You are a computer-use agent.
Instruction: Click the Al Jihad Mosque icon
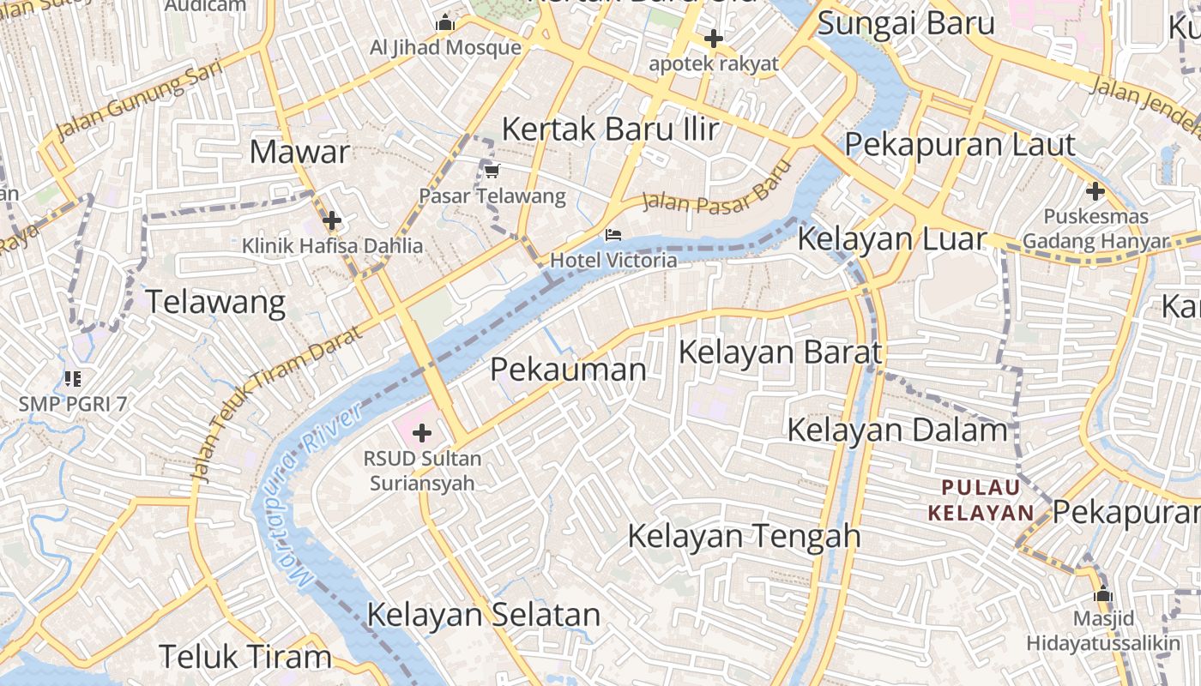click(x=444, y=23)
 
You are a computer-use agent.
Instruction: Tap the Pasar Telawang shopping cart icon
click(x=492, y=171)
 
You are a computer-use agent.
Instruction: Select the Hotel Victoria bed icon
click(x=613, y=234)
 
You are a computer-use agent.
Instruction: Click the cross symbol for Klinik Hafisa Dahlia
click(x=332, y=220)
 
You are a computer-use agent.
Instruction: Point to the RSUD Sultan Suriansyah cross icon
click(x=421, y=433)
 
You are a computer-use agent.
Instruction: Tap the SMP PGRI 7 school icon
click(x=73, y=378)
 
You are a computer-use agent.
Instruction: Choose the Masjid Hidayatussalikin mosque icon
click(x=1103, y=593)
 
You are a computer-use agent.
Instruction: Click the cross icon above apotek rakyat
click(x=713, y=38)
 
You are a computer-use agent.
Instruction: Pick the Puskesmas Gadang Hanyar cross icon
click(x=1095, y=190)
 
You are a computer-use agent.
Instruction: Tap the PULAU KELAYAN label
click(x=981, y=501)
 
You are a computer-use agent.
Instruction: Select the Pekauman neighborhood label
click(x=568, y=370)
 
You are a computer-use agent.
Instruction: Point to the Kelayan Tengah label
click(x=744, y=536)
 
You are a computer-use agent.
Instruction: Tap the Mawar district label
click(x=299, y=153)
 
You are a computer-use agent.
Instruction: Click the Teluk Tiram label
click(x=245, y=657)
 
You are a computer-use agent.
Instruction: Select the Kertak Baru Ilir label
click(x=610, y=129)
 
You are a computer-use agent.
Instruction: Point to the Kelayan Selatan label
click(x=484, y=615)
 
